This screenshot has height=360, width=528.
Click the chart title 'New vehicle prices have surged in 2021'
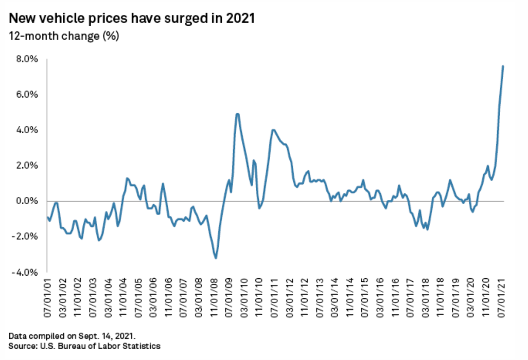tap(132, 20)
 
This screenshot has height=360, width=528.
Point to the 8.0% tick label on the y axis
tap(27, 59)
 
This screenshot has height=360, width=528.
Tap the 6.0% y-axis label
tap(27, 95)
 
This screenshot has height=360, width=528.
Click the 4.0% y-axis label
tap(27, 130)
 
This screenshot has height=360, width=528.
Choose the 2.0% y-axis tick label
tap(27, 166)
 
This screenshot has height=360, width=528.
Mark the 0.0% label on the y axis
tap(27, 201)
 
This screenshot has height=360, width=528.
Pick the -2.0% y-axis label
tap(26, 237)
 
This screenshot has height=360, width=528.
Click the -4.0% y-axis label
tap(26, 272)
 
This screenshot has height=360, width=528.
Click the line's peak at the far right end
tap(503, 66)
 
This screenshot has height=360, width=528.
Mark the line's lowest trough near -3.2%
tap(216, 258)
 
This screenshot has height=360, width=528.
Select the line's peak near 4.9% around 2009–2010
tap(237, 114)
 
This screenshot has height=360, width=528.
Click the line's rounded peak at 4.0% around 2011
tap(273, 130)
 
